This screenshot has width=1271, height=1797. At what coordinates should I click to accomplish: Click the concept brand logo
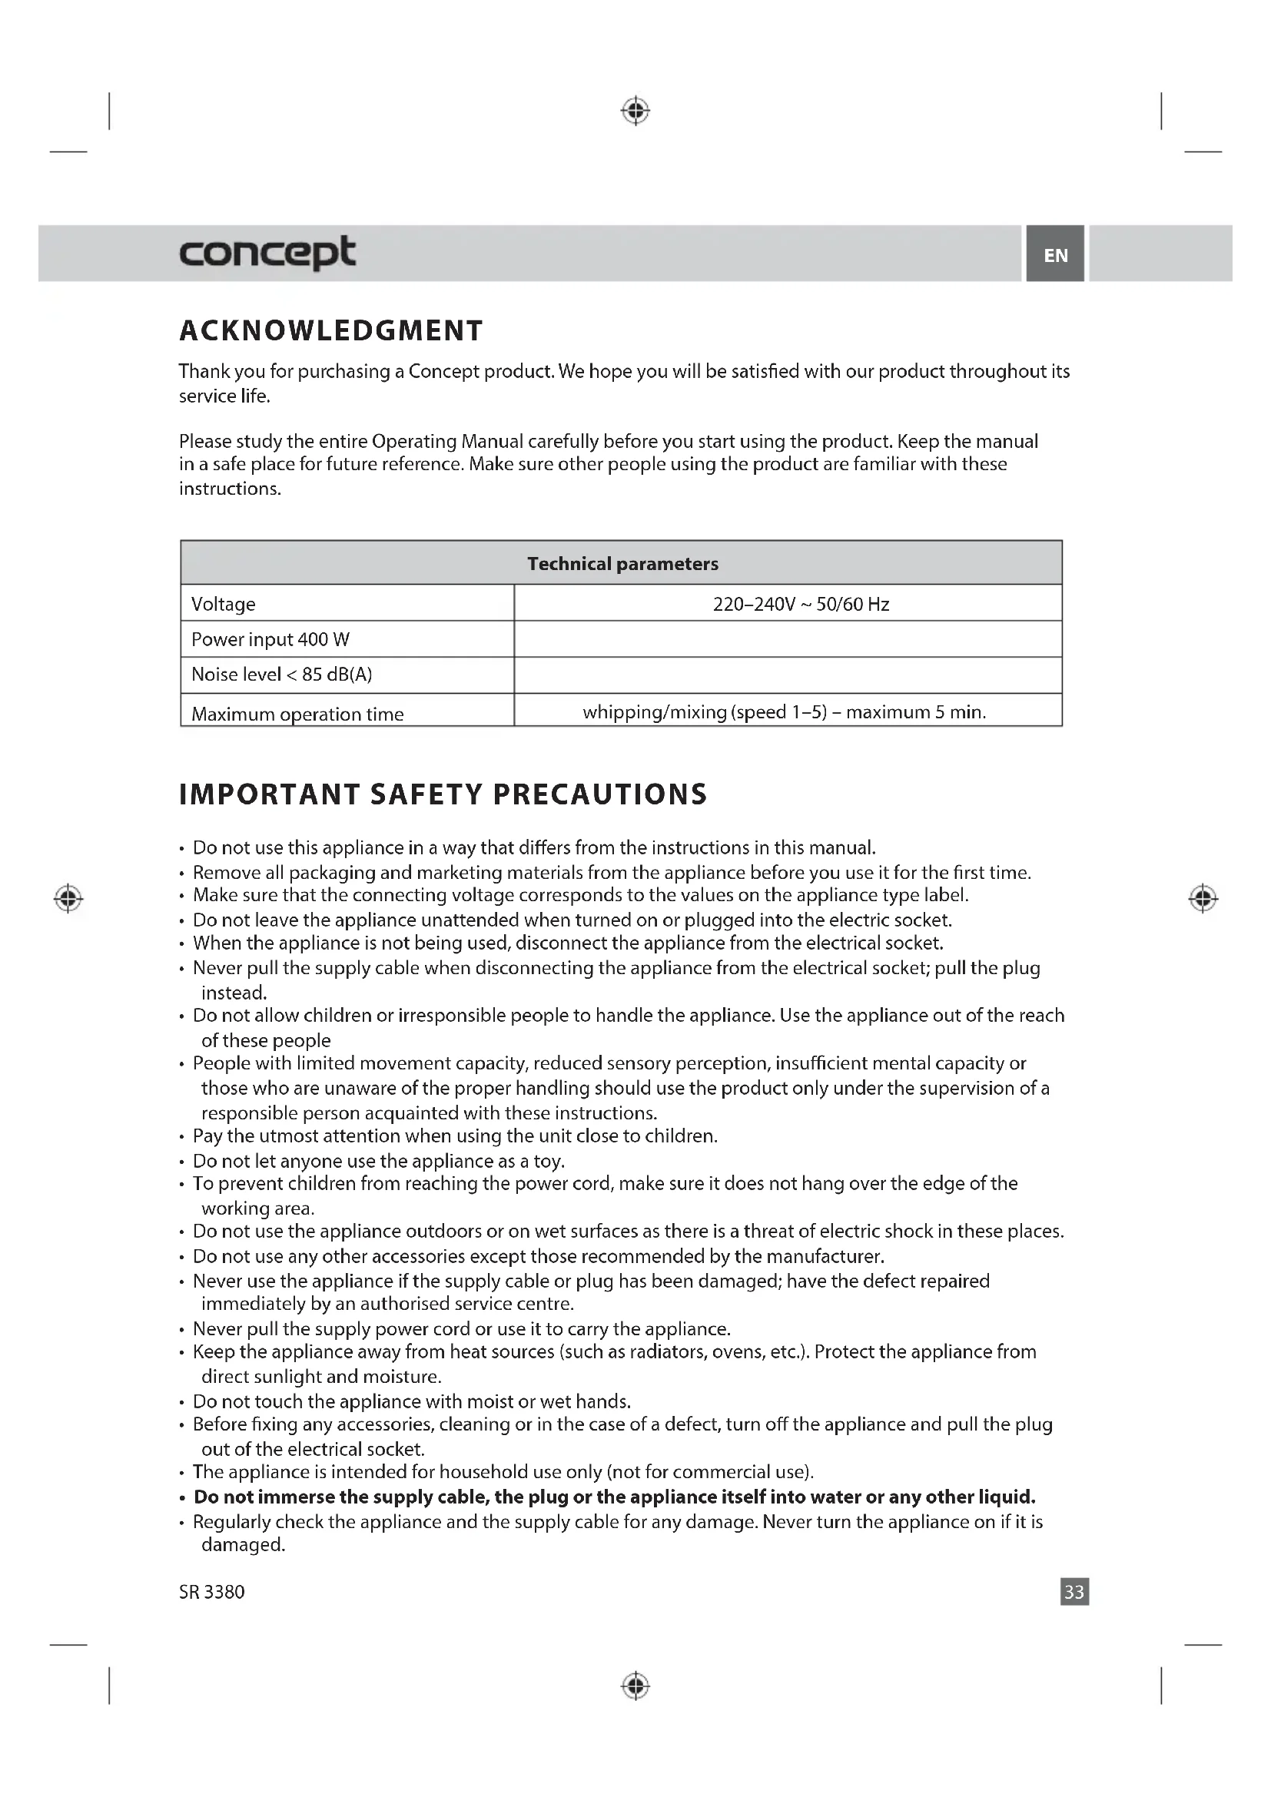[x=267, y=253]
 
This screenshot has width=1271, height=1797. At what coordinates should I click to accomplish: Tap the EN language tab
[x=1055, y=254]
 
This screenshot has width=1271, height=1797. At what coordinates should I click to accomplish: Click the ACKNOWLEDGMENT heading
[x=331, y=331]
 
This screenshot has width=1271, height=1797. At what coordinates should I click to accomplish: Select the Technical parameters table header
[x=622, y=563]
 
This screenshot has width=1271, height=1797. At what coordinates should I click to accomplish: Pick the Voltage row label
[x=223, y=604]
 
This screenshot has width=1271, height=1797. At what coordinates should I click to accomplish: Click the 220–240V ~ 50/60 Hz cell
[x=801, y=604]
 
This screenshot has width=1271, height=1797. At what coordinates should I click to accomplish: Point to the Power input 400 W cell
[x=270, y=639]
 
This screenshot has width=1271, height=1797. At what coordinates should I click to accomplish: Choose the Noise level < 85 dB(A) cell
[x=282, y=675]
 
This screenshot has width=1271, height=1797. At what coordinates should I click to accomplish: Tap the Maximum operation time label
[x=297, y=714]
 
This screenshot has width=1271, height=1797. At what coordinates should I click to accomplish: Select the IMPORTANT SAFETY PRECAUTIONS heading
[x=443, y=794]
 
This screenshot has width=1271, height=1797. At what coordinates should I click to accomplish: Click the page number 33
[x=1074, y=1592]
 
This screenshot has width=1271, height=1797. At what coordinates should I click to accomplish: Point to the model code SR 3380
[x=212, y=1592]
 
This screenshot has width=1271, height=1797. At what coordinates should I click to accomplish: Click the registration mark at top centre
[x=635, y=111]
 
